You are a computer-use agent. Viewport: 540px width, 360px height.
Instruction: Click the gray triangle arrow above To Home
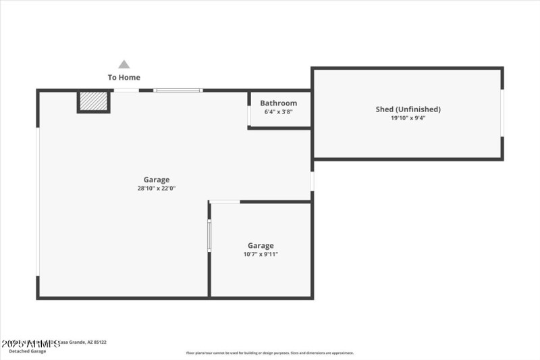coord(124,65)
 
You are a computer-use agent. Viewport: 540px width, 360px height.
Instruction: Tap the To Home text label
coord(124,78)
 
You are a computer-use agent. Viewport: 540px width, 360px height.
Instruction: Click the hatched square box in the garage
coord(93,101)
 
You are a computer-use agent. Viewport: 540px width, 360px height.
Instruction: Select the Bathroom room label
coord(279,103)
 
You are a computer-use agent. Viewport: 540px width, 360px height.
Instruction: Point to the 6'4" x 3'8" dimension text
coord(279,112)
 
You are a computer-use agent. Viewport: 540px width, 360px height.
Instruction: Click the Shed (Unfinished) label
coord(408,109)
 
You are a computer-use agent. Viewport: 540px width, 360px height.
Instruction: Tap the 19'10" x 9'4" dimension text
coord(408,118)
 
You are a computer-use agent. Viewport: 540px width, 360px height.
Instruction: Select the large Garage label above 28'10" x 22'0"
coord(157,180)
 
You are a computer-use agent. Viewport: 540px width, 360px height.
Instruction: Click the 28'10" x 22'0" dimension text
coord(157,188)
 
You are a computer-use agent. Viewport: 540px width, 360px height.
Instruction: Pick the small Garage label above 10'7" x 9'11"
coord(261,246)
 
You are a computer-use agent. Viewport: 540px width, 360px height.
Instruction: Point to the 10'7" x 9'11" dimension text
coord(261,255)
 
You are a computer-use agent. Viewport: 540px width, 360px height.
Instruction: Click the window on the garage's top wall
coord(178,91)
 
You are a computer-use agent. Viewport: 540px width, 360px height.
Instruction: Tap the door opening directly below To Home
coord(126,91)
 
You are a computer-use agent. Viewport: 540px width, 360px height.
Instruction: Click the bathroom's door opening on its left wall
coord(249,115)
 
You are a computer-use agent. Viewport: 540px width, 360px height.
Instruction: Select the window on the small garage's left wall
coord(209,235)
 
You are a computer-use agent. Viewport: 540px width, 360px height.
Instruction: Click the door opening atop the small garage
coord(225,201)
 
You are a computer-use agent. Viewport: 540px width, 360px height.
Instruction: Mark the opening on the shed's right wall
coord(502,113)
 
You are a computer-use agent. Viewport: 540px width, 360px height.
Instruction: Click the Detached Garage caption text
coord(28,351)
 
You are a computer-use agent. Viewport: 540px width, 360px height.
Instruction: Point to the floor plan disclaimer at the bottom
coord(270,353)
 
